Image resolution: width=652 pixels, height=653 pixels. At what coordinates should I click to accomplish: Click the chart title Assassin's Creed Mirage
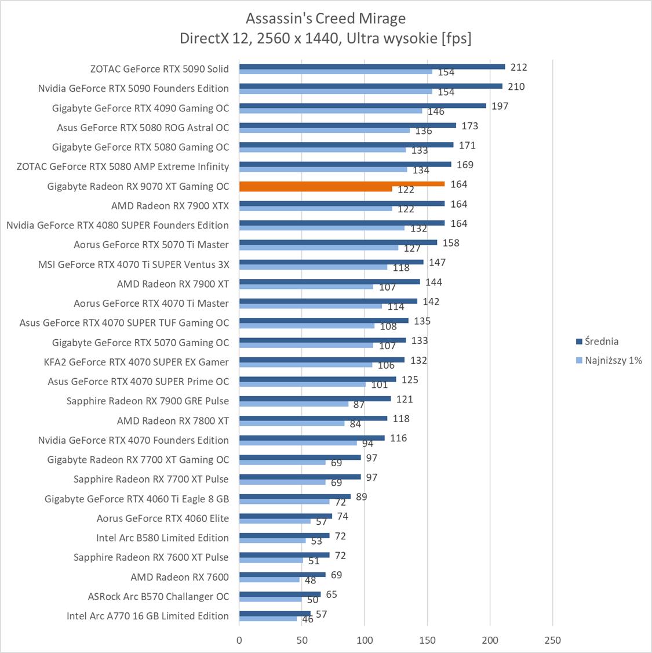(325, 19)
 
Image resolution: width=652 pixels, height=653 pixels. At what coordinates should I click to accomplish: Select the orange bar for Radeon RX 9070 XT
(341, 184)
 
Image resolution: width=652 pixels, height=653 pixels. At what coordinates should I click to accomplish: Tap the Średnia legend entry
(600, 341)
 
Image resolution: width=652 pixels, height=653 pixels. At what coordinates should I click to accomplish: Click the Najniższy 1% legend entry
(613, 360)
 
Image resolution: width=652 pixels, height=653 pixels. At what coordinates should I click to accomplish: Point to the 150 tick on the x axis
(427, 640)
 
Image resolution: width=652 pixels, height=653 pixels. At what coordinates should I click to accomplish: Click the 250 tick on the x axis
(552, 640)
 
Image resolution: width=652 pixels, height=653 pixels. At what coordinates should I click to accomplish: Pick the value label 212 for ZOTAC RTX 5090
(519, 67)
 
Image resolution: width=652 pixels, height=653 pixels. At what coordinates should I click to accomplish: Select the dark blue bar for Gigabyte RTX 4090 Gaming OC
(362, 106)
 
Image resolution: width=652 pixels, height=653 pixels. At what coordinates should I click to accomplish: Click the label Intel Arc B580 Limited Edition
(162, 538)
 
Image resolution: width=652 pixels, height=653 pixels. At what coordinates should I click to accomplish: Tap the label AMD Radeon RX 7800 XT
(173, 420)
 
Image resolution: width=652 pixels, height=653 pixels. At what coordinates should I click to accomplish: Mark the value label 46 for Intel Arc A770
(308, 619)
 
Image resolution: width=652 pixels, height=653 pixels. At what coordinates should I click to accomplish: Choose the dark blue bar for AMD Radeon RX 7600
(282, 575)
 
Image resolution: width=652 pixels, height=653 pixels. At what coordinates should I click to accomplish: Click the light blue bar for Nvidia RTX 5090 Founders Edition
(336, 92)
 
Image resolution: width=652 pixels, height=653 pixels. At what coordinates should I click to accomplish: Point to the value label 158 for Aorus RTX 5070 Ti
(450, 243)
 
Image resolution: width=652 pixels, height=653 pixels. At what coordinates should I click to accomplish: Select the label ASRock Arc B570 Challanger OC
(158, 596)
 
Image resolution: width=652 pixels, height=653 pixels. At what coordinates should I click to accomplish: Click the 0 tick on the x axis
(239, 640)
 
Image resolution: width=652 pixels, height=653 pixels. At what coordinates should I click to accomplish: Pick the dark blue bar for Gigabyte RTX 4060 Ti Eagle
(294, 496)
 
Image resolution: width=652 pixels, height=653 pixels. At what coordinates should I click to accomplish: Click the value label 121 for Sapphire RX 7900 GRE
(404, 399)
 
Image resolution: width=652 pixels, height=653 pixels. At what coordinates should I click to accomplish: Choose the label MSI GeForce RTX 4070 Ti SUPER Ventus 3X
(133, 264)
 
